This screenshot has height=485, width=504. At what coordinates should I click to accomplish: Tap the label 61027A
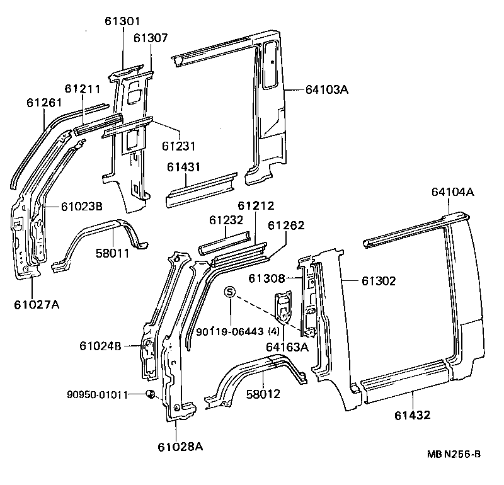pyautogui.click(x=37, y=305)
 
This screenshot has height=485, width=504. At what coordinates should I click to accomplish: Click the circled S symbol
pyautogui.click(x=231, y=292)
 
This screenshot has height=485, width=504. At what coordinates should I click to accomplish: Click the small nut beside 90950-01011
pyautogui.click(x=151, y=394)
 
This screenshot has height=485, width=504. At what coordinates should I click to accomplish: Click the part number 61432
pyautogui.click(x=414, y=414)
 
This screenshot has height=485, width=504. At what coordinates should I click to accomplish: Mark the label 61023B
pyautogui.click(x=82, y=206)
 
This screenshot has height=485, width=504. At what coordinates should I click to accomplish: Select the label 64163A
pyautogui.click(x=287, y=346)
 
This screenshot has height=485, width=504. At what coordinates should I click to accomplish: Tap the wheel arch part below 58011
pyautogui.click(x=101, y=243)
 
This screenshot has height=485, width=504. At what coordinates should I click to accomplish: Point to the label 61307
pyautogui.click(x=151, y=38)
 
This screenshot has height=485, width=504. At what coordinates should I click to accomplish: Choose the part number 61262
pyautogui.click(x=287, y=225)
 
